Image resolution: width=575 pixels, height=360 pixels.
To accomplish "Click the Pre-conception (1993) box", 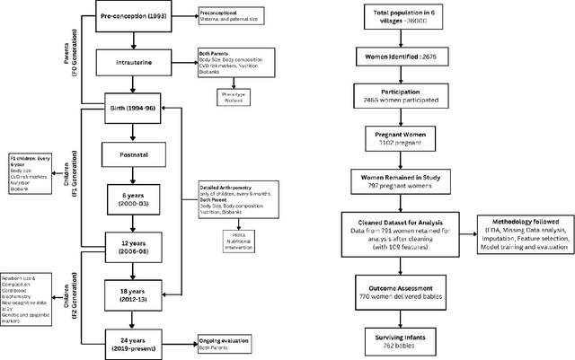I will click(x=133, y=17).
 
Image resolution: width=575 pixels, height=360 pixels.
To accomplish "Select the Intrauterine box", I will click(x=133, y=63).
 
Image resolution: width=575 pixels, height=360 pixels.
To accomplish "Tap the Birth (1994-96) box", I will click(x=133, y=110).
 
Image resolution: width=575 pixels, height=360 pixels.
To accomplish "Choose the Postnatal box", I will click(x=133, y=154).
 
